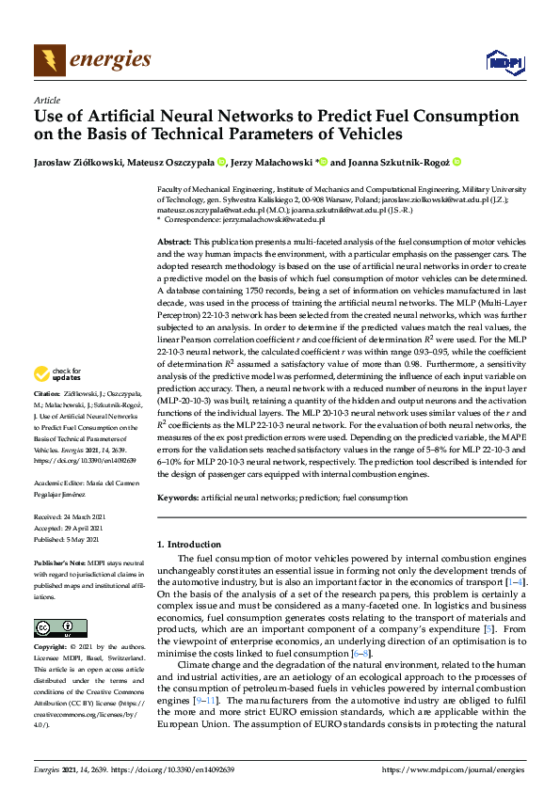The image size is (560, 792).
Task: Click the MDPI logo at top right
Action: point(504,62)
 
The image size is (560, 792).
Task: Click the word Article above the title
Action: point(46,100)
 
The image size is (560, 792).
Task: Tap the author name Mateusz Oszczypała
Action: point(175,162)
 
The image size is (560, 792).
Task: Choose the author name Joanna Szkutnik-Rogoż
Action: point(399,162)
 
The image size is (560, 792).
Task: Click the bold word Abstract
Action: point(174,243)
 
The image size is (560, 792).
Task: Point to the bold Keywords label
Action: point(178,496)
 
